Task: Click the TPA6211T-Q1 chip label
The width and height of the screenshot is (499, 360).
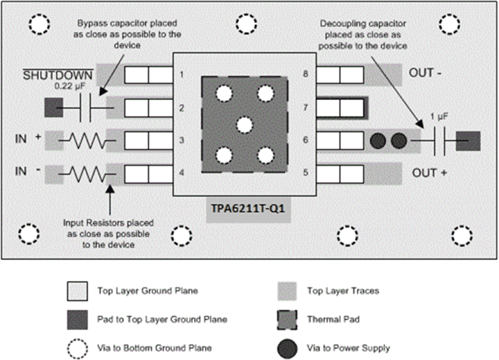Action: pyautogui.click(x=249, y=209)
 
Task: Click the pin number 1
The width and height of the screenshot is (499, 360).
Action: pyautogui.click(x=182, y=74)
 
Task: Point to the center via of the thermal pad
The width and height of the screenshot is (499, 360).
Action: pyautogui.click(x=243, y=125)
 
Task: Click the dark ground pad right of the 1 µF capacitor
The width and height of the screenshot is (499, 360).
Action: pyautogui.click(x=469, y=141)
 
